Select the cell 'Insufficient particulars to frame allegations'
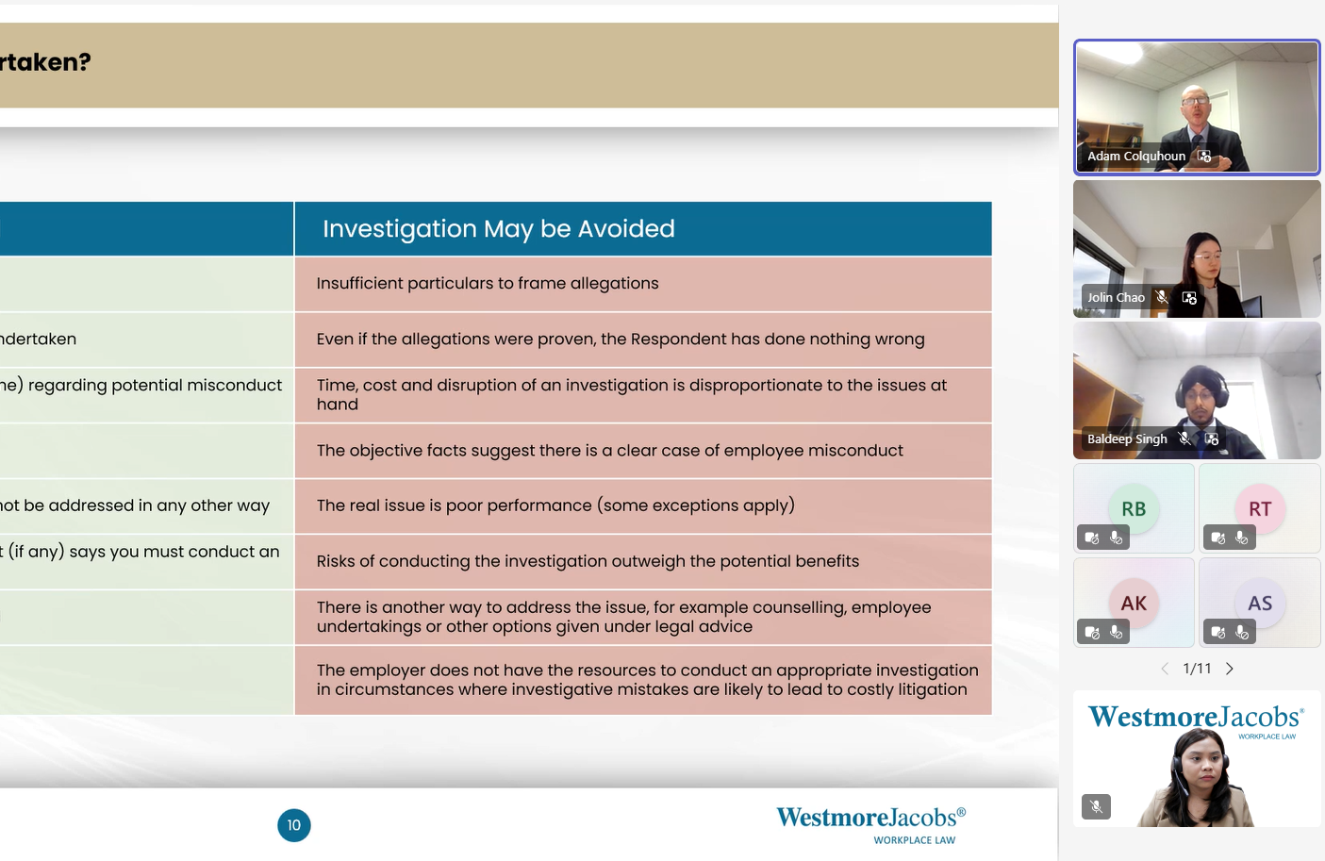tap(643, 284)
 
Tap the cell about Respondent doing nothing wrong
tap(643, 339)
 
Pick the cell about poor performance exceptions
tap(643, 506)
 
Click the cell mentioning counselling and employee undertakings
tap(643, 617)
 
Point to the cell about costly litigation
tap(643, 680)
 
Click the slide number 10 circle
tap(294, 825)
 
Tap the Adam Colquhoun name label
tap(1136, 157)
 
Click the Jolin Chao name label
tap(1116, 297)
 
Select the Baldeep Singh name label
tap(1127, 439)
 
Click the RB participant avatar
tap(1134, 508)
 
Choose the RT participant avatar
tap(1260, 508)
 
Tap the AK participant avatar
tap(1134, 604)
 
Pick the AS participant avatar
tap(1260, 604)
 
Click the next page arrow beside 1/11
tap(1230, 669)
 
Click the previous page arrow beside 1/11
tap(1165, 669)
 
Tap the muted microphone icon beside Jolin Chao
tap(1163, 297)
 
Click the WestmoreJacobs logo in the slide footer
tap(870, 825)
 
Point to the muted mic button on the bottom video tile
tap(1096, 806)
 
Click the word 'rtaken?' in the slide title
tap(45, 62)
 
